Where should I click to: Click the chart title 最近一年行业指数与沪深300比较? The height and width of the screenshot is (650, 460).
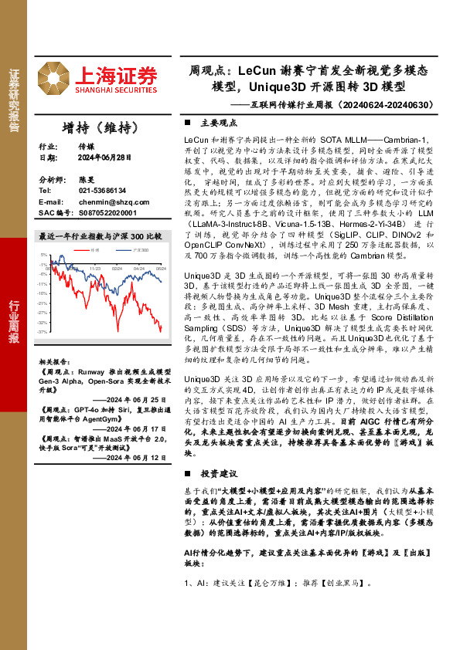coord(100,235)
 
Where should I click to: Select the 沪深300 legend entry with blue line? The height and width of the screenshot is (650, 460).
coord(139,250)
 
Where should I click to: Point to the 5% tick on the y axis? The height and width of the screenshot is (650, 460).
coord(44,254)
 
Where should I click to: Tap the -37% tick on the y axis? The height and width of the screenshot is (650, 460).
coord(43,331)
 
